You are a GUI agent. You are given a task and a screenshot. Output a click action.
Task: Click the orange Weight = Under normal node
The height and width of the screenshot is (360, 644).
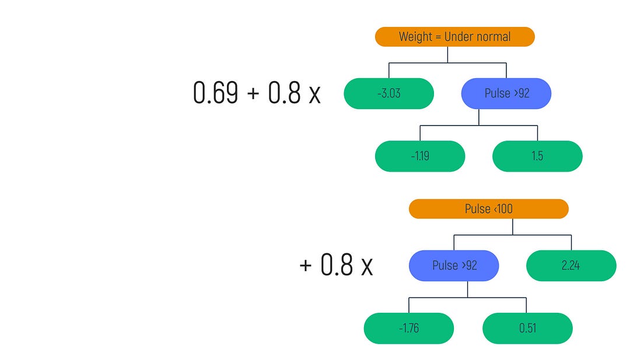point(454,37)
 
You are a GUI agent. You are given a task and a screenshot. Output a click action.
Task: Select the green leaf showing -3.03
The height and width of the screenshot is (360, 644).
point(388,93)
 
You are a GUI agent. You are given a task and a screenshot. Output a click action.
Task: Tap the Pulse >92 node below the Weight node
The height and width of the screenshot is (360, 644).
point(506,93)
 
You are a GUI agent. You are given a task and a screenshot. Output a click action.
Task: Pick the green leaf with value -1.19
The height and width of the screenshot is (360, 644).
point(420,156)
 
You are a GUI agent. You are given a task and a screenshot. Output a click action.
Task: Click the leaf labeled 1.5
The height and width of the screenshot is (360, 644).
point(537,156)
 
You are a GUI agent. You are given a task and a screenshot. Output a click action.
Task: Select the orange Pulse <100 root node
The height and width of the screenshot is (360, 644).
point(488,209)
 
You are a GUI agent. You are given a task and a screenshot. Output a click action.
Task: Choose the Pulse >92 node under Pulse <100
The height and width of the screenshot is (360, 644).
point(454,265)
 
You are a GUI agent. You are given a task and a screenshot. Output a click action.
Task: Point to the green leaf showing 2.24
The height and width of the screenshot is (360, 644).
point(571,265)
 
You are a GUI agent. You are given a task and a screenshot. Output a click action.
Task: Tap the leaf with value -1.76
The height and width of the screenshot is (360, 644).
point(408,328)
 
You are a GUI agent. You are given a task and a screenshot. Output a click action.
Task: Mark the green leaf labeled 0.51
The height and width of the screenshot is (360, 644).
point(527,328)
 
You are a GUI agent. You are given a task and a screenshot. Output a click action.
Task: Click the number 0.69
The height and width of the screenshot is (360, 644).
point(215,93)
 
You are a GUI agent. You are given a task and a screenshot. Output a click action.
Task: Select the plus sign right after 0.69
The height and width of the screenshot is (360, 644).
point(253,95)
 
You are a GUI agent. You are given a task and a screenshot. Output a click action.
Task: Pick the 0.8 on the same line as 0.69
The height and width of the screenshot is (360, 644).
point(284,93)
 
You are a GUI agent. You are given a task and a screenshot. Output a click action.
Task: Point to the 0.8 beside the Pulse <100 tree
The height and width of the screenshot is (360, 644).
point(337,265)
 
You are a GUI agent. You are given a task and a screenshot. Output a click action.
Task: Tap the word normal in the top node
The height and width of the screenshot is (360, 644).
point(494,37)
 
